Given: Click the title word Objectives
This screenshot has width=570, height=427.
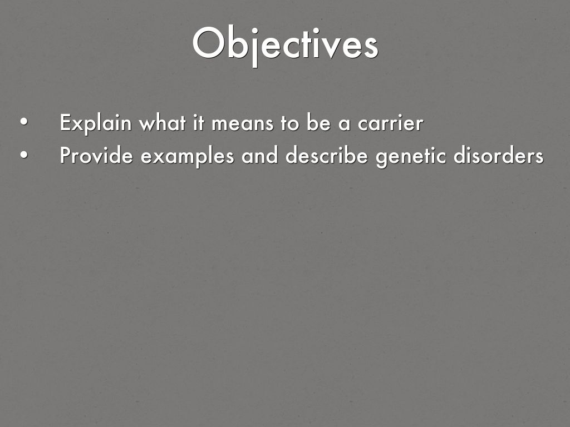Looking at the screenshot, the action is pyautogui.click(x=286, y=45).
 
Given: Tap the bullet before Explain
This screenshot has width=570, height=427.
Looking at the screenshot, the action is pyautogui.click(x=24, y=122).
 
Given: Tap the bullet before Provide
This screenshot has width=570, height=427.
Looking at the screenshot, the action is pyautogui.click(x=24, y=155).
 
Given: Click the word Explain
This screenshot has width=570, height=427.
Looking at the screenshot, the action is pyautogui.click(x=96, y=123).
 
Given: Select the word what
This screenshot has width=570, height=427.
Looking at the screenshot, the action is pyautogui.click(x=163, y=123).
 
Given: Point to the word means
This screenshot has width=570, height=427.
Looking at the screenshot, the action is pyautogui.click(x=242, y=125).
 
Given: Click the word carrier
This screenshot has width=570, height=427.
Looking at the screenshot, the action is pyautogui.click(x=390, y=123).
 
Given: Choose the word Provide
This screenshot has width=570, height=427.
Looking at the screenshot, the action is pyautogui.click(x=96, y=156).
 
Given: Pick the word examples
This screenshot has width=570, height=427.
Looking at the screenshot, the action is pyautogui.click(x=187, y=156).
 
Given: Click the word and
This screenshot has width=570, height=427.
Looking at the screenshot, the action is pyautogui.click(x=259, y=156).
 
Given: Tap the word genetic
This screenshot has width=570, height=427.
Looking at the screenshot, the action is pyautogui.click(x=411, y=156).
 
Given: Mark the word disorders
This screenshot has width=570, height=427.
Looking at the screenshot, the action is pyautogui.click(x=498, y=156).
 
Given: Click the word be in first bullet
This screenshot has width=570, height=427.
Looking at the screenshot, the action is pyautogui.click(x=318, y=123).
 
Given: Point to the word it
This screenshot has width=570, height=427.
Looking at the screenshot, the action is pyautogui.click(x=199, y=123).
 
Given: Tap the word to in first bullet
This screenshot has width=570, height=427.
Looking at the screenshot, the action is pyautogui.click(x=289, y=124).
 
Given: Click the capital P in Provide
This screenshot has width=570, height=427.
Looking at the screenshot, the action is pyautogui.click(x=66, y=156).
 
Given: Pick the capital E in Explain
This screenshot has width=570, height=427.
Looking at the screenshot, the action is pyautogui.click(x=66, y=123).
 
